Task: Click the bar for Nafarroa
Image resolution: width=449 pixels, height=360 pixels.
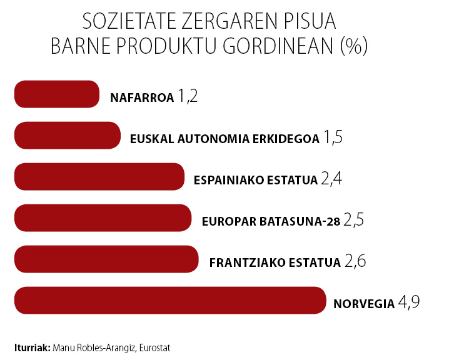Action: click(x=56, y=94)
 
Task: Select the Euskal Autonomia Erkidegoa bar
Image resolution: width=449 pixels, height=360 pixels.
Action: click(x=67, y=135)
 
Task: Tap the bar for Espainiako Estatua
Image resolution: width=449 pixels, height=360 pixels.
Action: click(x=99, y=176)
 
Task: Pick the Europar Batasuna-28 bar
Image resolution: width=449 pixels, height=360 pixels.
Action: click(x=102, y=217)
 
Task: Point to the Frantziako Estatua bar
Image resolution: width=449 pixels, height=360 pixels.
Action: click(x=106, y=259)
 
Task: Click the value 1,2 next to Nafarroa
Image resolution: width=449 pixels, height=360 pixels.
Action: click(x=188, y=97)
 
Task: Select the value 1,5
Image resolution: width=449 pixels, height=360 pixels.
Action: click(x=333, y=138)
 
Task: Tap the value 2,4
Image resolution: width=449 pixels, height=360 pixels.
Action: click(x=331, y=180)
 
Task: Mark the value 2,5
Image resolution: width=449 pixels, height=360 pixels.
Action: click(x=354, y=221)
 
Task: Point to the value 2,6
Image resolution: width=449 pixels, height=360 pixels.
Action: click(x=355, y=261)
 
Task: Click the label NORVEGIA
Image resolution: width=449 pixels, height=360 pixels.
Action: click(x=364, y=304)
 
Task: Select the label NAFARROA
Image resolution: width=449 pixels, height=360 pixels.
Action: click(x=141, y=97)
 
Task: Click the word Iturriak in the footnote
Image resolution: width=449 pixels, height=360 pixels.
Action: click(x=32, y=346)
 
